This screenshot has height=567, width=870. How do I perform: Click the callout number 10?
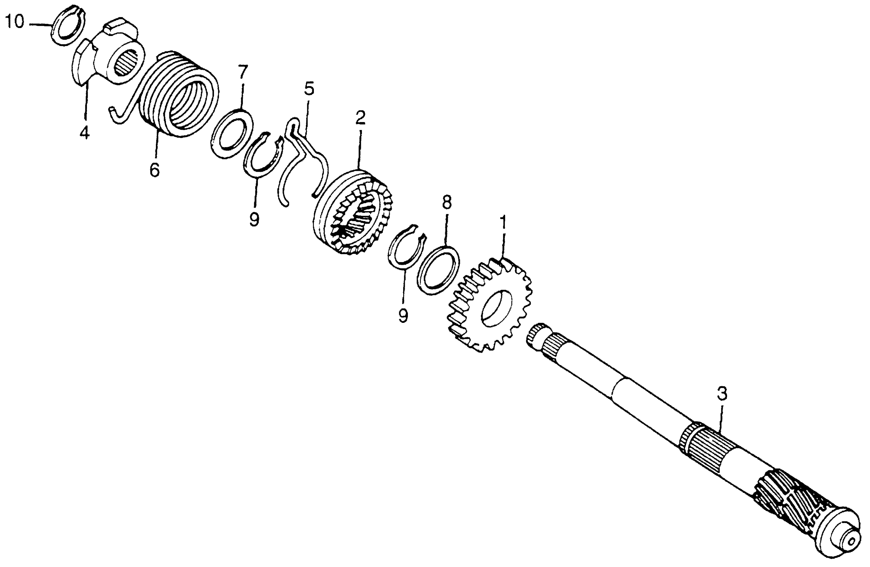pyautogui.click(x=15, y=22)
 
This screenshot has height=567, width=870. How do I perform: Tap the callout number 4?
pyautogui.click(x=84, y=132)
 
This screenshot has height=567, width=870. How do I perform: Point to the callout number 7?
pyautogui.click(x=243, y=71)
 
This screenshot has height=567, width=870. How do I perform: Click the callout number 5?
pyautogui.click(x=309, y=88)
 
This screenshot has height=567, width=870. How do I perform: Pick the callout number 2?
pyautogui.click(x=360, y=117)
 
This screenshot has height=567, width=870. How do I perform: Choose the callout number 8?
pyautogui.click(x=447, y=201)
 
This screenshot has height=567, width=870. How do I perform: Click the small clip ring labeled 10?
pyautogui.click(x=68, y=26)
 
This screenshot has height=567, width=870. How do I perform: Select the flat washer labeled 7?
pyautogui.click(x=232, y=133)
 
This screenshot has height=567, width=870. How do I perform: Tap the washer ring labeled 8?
pyautogui.click(x=438, y=270)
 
